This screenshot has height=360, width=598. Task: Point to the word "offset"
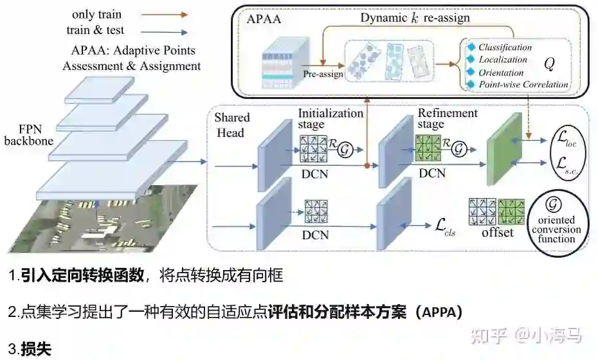tap(498, 232)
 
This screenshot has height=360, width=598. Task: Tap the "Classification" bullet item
tap(505, 48)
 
